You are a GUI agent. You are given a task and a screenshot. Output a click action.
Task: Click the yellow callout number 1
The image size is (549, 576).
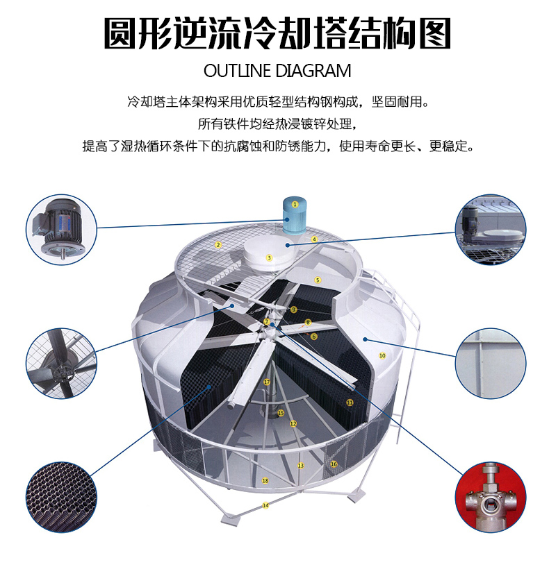pos(295,204)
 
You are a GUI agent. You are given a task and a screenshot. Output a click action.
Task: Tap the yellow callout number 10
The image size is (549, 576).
pos(382,355)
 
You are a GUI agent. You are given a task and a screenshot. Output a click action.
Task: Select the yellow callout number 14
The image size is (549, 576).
pos(265,505)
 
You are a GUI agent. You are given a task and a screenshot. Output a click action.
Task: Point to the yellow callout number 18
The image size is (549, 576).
pos(265,480)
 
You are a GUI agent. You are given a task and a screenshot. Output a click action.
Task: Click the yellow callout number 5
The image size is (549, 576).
pos(318,280)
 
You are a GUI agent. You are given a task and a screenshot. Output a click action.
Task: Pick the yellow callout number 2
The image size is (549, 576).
pos(218,245)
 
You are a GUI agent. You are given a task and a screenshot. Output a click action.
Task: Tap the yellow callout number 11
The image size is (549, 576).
pos(350,403)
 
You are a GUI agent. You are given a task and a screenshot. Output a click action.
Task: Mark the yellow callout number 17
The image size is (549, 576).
pos(267,382)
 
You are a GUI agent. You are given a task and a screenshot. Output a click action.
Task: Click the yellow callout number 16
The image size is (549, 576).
pos(334,464)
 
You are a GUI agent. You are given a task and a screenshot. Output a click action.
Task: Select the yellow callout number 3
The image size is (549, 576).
pos(269,258)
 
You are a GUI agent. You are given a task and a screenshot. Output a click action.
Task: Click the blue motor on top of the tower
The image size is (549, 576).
pos(295,215)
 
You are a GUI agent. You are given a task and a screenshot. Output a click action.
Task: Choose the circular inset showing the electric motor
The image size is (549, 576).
pos(61,229)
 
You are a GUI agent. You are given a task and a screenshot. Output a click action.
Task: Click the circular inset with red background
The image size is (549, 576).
pos(491,497)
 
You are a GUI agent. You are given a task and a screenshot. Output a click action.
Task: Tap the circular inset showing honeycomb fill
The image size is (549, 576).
pos(61,497)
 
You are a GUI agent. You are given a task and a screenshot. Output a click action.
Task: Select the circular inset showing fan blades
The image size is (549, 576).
pos(61,363)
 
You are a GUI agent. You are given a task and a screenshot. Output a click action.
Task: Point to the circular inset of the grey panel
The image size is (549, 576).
pos(491,363)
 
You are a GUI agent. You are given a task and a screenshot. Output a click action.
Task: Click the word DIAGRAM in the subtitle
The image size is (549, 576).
pos(313,71)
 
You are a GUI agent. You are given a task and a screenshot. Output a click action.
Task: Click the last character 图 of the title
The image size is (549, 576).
pos(434,33)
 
